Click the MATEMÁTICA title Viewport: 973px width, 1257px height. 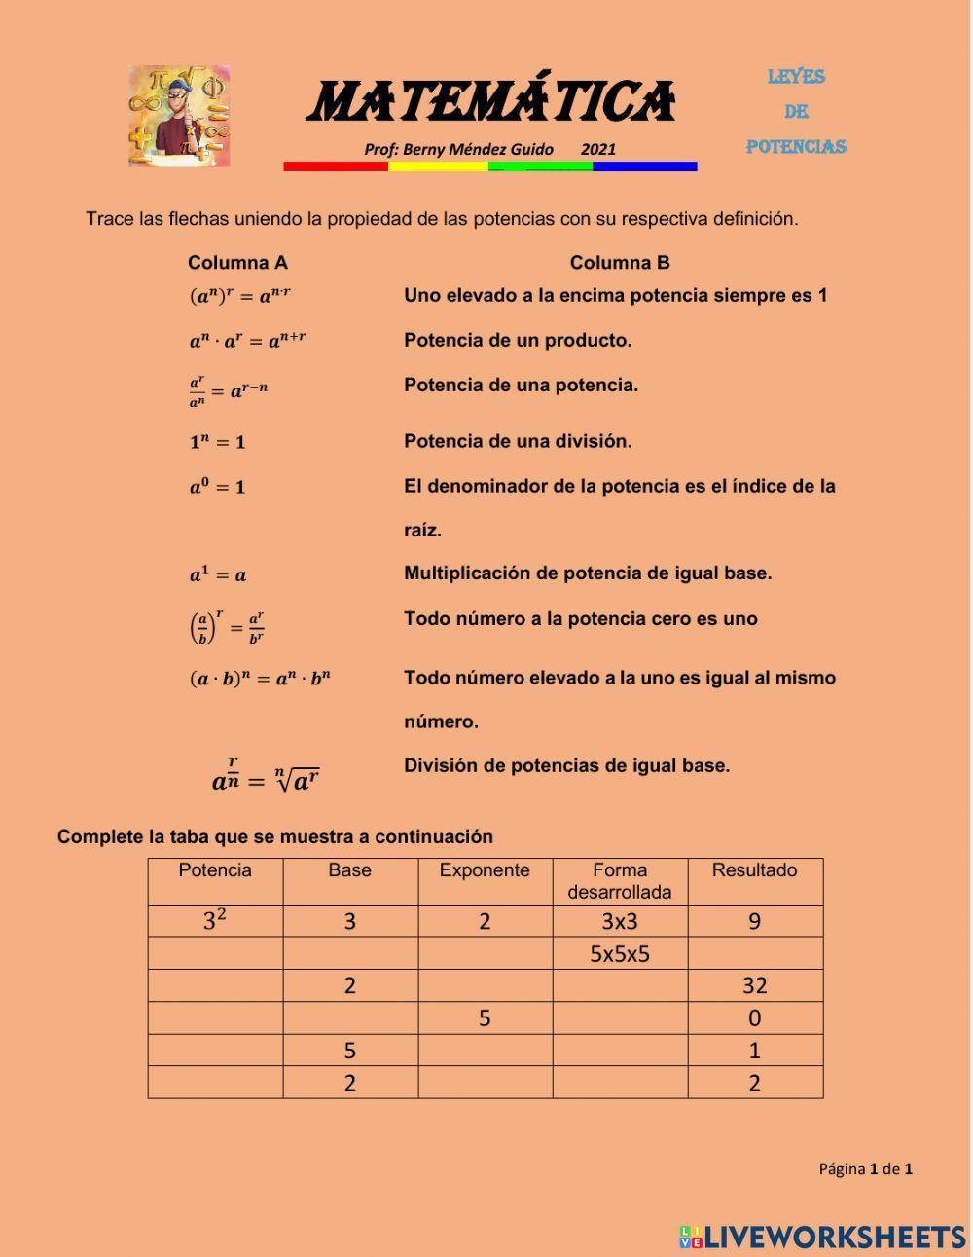(x=491, y=103)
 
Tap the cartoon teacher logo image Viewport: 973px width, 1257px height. (x=179, y=116)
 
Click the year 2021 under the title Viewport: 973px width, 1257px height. (x=598, y=149)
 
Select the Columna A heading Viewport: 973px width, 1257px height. (x=237, y=263)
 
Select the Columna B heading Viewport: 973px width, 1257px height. (x=620, y=263)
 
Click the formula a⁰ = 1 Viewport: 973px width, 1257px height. (x=217, y=486)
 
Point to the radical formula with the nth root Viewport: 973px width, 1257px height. (x=265, y=775)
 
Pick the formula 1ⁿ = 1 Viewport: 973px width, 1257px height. (x=217, y=442)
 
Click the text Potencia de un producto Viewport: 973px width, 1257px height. (x=518, y=340)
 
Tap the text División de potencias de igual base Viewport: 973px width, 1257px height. (x=566, y=765)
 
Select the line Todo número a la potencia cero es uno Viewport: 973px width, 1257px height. (x=580, y=618)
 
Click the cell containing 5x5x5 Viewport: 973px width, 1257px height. (x=620, y=954)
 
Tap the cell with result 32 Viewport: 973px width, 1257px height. (x=754, y=986)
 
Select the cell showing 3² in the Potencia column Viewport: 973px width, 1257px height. (x=215, y=921)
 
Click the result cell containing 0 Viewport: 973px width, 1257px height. (x=754, y=1018)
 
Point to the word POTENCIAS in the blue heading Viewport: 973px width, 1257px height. (x=796, y=147)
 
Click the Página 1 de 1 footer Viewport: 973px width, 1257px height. (x=865, y=1169)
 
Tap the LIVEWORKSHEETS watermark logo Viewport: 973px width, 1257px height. (x=822, y=1237)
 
